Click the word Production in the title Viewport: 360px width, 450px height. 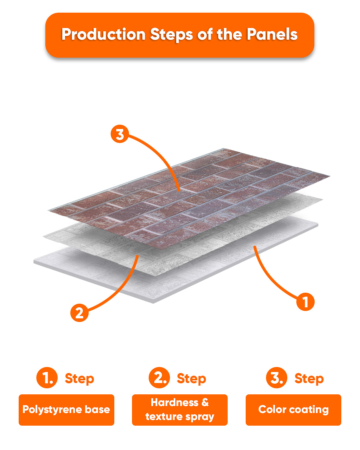pyautogui.click(x=103, y=34)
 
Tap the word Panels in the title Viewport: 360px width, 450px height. pyautogui.click(x=272, y=34)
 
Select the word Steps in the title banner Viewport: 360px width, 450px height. pyautogui.click(x=171, y=35)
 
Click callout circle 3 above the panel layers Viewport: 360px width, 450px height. pyautogui.click(x=120, y=134)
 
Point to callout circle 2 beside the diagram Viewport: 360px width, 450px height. pyautogui.click(x=79, y=313)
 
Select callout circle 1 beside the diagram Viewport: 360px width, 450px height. pyautogui.click(x=305, y=302)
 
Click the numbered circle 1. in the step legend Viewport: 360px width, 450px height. pyautogui.click(x=47, y=378)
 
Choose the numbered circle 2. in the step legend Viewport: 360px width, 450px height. pyautogui.click(x=159, y=378)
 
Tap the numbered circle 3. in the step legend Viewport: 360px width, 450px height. pyautogui.click(x=277, y=378)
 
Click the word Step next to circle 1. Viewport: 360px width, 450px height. pyautogui.click(x=79, y=379)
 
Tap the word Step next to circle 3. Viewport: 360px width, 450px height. pyautogui.click(x=309, y=379)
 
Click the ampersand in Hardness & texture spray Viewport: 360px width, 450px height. pyautogui.click(x=205, y=403)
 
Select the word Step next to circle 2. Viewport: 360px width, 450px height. pyautogui.click(x=191, y=379)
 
